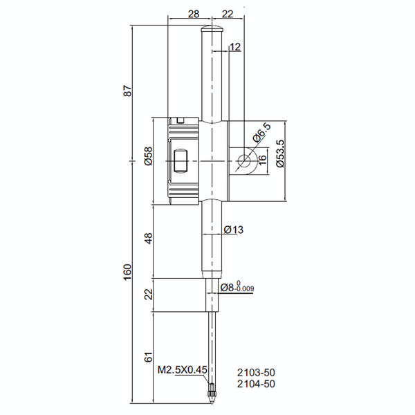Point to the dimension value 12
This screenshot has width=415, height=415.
pyautogui.click(x=234, y=47)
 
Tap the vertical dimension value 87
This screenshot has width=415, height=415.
pyautogui.click(x=127, y=92)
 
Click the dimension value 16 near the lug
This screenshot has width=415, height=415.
pyautogui.click(x=262, y=160)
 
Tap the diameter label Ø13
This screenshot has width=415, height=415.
pyautogui.click(x=235, y=230)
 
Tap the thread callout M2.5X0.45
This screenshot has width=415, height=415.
pyautogui.click(x=183, y=370)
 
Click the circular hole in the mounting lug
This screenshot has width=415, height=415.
pyautogui.click(x=244, y=161)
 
